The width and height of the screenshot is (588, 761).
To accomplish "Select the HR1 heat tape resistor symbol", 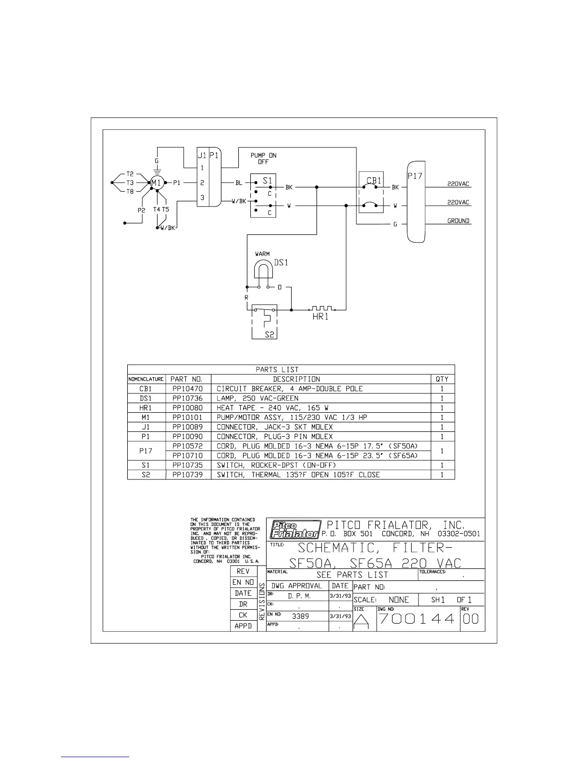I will pos(321,308).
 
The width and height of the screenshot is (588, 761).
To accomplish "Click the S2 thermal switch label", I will pos(270,334).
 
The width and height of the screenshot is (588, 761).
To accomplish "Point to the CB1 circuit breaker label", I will pos(374,181).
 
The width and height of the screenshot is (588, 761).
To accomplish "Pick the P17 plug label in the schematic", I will pos(415,176).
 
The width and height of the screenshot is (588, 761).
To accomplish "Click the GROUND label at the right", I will pos(458,221).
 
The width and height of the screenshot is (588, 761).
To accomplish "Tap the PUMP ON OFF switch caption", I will pos(263,159).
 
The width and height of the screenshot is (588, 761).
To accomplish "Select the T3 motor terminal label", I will pos(130,183).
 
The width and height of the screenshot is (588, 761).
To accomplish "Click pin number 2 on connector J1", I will pos(203,183).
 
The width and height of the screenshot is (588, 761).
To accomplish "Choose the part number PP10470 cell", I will pos(187,389).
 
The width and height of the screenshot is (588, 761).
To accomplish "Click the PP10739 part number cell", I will pos(187,475).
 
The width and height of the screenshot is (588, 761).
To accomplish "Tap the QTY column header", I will pos(442,379).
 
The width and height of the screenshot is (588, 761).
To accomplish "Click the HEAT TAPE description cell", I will pos(272,408).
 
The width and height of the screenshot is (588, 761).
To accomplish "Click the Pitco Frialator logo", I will pos(294,529).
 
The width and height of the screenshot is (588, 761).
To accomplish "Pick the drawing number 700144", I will pos(417,619).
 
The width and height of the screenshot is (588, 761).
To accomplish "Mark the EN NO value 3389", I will pos(301,616).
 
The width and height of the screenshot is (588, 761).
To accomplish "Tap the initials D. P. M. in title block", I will pos(300,596).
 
